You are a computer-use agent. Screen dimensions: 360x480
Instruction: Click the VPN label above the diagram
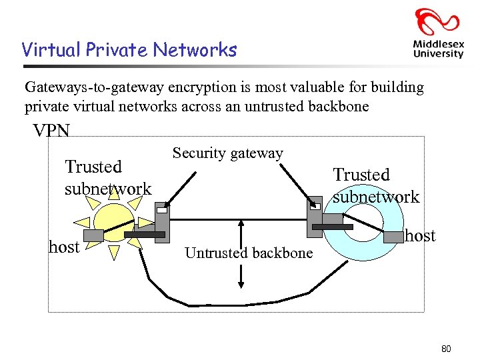click(x=51, y=131)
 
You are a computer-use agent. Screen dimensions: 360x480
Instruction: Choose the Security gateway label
click(x=228, y=153)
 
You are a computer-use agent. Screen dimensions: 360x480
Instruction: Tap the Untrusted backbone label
click(x=249, y=253)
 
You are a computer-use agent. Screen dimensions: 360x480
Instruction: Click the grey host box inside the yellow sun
click(x=94, y=235)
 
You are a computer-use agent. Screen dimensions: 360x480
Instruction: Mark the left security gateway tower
click(x=162, y=223)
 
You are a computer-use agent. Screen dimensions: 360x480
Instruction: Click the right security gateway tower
click(x=315, y=217)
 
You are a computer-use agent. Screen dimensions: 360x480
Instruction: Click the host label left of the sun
click(x=64, y=247)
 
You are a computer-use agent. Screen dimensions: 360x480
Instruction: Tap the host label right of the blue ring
click(x=420, y=235)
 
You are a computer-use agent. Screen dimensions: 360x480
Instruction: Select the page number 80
click(x=446, y=349)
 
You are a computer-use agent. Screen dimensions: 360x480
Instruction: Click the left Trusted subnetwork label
click(x=107, y=177)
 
